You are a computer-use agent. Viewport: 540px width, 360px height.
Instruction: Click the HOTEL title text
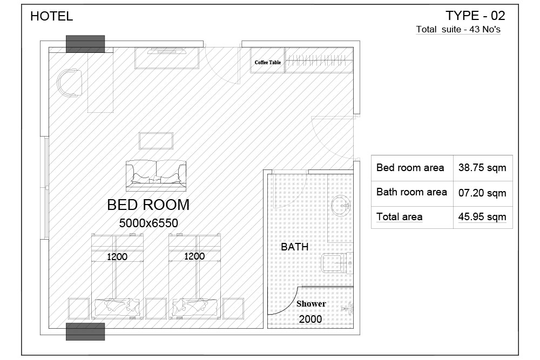tap(52, 16)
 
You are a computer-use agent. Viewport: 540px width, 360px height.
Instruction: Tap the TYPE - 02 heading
tap(475, 16)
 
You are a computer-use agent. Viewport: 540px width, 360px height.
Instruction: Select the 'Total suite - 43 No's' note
tap(458, 29)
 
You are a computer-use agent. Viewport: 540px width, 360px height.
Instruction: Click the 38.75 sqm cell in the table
tap(482, 168)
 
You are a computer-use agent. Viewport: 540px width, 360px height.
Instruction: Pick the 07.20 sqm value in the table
tap(482, 193)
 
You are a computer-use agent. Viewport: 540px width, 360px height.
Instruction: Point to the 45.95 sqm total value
tap(482, 217)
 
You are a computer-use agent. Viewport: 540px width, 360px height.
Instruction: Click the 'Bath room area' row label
tap(411, 192)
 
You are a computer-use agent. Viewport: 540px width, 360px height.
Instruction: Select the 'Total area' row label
tap(399, 217)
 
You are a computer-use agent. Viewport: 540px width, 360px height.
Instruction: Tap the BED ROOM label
tap(148, 205)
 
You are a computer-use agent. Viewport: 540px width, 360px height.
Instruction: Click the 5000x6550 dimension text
tap(148, 223)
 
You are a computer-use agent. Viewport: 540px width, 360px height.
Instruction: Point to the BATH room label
tap(294, 247)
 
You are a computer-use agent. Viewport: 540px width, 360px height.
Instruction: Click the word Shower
tap(311, 303)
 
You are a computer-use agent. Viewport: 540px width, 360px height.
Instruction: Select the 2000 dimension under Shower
tap(310, 319)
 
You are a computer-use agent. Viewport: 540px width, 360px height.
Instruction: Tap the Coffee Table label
tap(268, 62)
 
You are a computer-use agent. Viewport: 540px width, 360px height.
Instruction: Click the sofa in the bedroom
tap(156, 175)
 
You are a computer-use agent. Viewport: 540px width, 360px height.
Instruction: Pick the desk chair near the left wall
tap(70, 83)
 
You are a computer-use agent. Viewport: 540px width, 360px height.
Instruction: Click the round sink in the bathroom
tap(341, 206)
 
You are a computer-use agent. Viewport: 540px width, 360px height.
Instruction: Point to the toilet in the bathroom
tap(337, 263)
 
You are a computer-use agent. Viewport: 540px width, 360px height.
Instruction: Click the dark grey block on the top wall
tap(85, 44)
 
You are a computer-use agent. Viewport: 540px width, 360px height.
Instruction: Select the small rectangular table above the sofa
tap(156, 141)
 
